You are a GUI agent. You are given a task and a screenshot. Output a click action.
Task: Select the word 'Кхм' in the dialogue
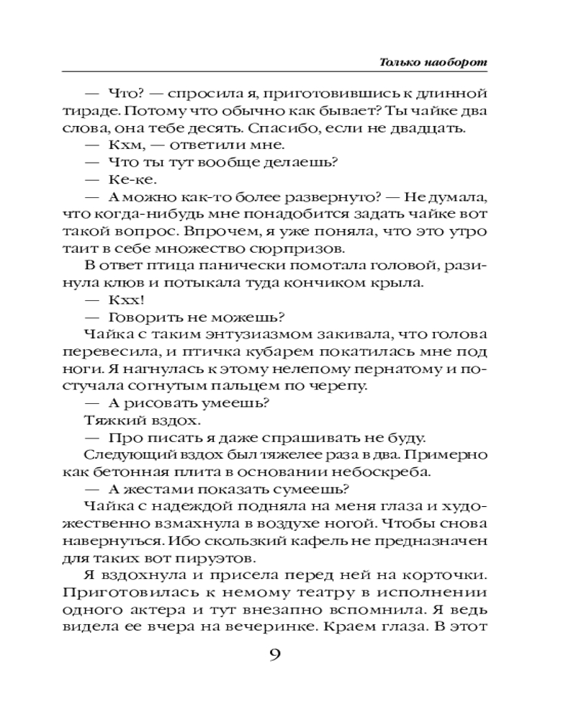pos(124,145)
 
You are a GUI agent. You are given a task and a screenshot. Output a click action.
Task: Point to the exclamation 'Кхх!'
pos(123,300)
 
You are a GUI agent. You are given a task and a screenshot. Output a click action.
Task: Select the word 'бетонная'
pos(153,472)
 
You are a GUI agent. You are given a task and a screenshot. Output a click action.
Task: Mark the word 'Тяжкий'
pos(109,420)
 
